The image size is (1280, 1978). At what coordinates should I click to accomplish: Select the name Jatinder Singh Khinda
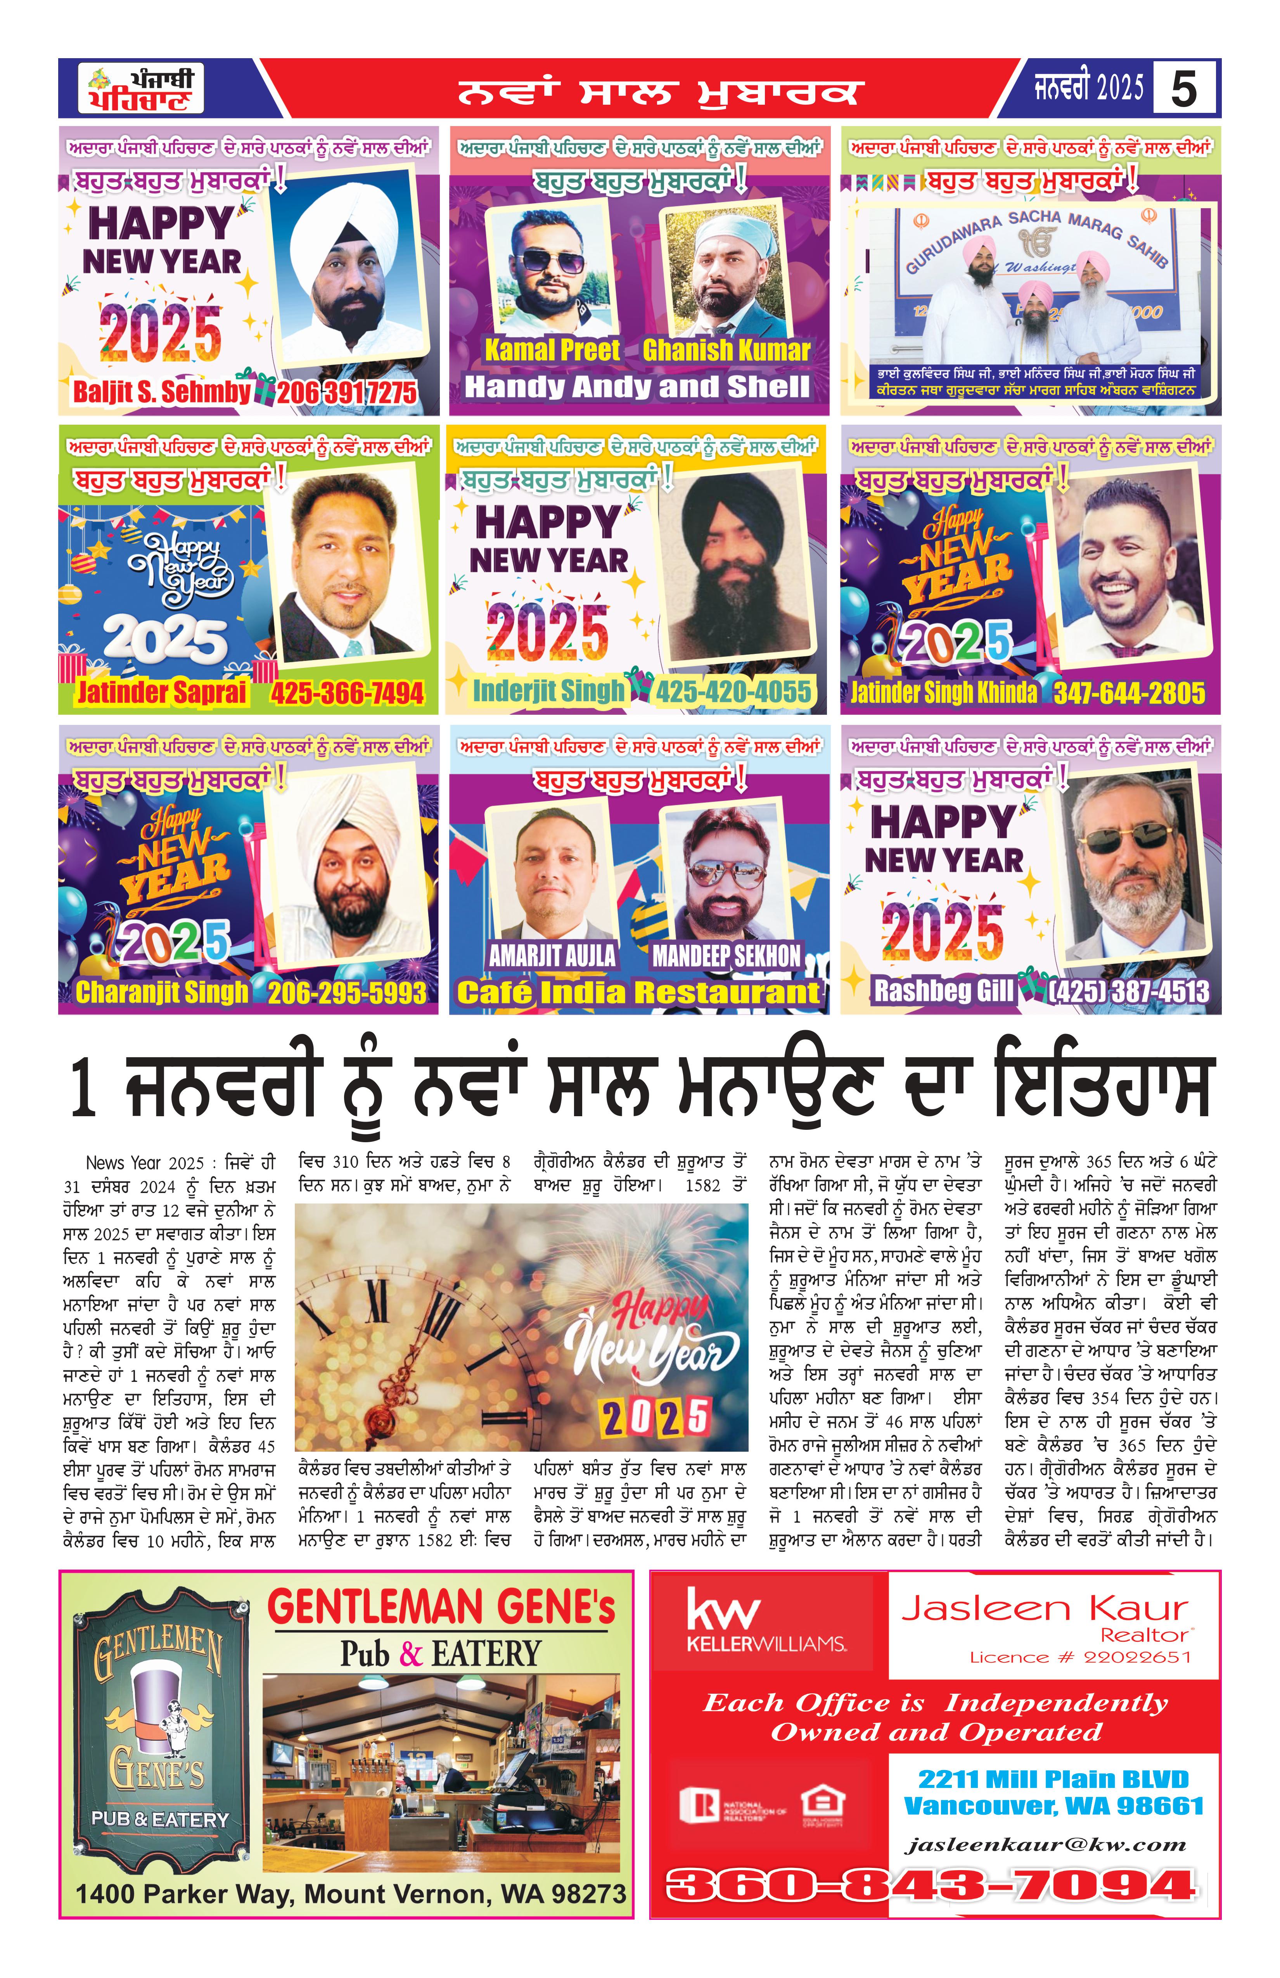tap(943, 693)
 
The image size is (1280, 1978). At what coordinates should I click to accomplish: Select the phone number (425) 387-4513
tap(1129, 991)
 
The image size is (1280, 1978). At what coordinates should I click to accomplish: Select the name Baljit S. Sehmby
tap(161, 392)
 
